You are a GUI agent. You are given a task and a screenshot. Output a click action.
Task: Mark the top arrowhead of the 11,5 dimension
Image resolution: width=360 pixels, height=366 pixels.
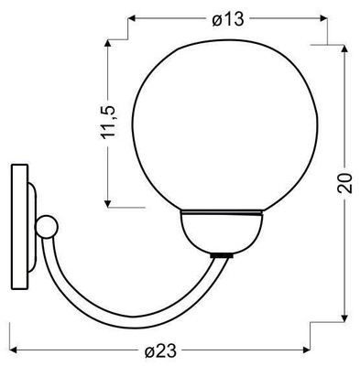click(x=108, y=44)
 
